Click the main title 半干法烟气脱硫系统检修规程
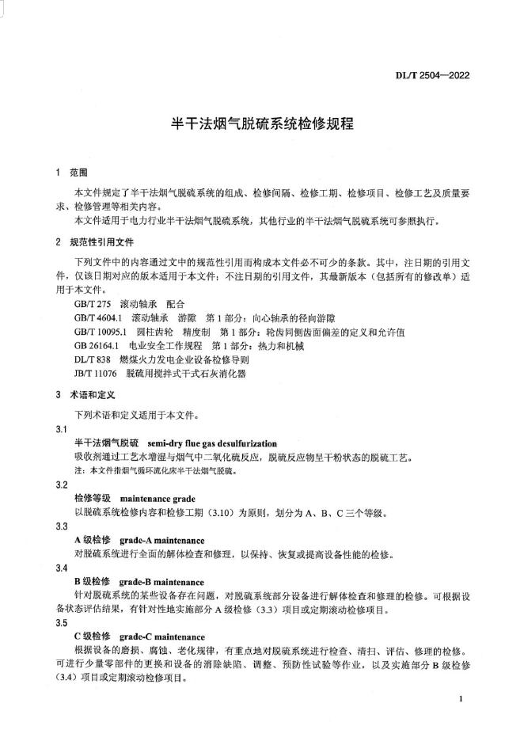point(262,124)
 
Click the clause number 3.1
point(62,428)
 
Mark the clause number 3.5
point(62,624)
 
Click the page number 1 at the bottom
point(461,700)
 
